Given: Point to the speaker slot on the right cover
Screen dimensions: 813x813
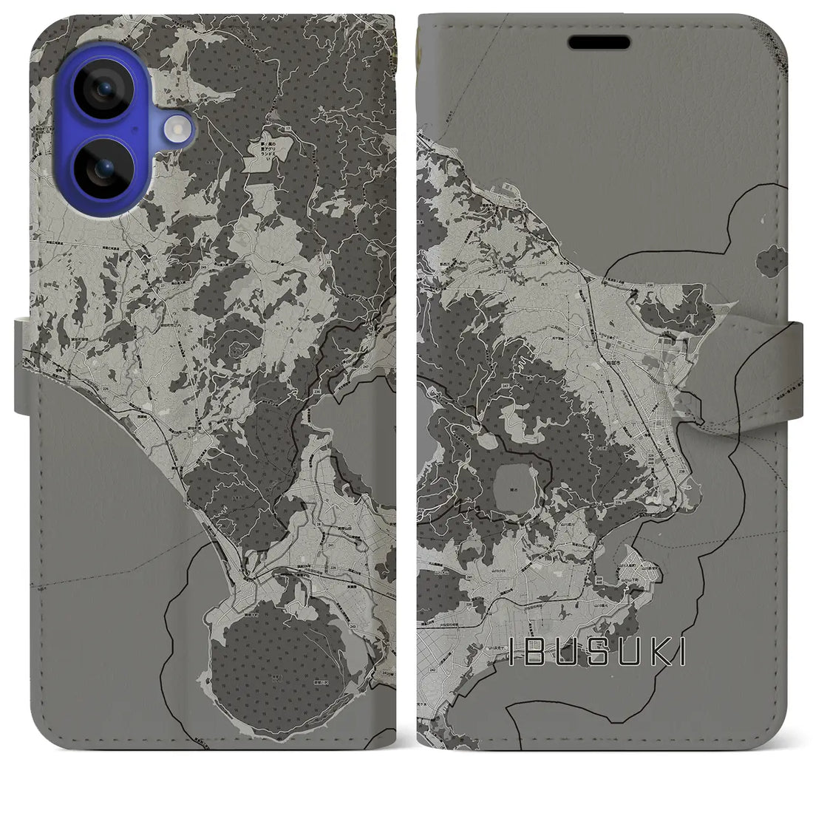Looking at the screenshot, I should coord(600,42).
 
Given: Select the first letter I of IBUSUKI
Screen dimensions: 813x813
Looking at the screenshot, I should coord(515,652).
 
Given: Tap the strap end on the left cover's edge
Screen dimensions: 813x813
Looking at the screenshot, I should coord(23,366).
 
